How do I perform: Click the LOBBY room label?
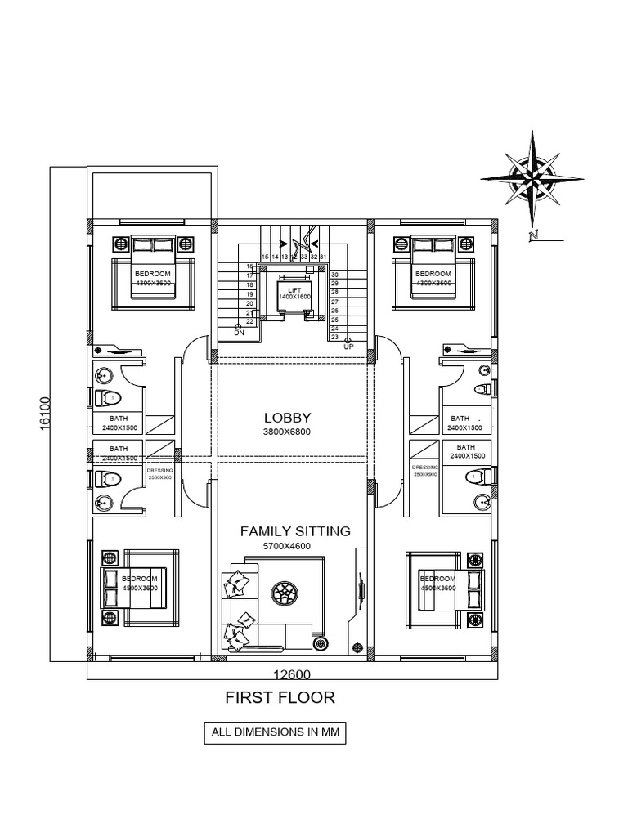[287, 418]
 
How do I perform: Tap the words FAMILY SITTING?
[295, 531]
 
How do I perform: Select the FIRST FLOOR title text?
[280, 697]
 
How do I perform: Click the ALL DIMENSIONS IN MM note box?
[275, 732]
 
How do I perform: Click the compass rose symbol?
[532, 177]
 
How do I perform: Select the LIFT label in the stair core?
[295, 289]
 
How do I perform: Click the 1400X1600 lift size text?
[295, 297]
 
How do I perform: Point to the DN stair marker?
[239, 333]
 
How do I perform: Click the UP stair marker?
[348, 347]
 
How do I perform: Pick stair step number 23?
[334, 337]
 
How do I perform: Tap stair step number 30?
[334, 275]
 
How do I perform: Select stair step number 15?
[265, 257]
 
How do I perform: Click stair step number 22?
[249, 321]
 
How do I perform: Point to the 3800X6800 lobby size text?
[287, 432]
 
